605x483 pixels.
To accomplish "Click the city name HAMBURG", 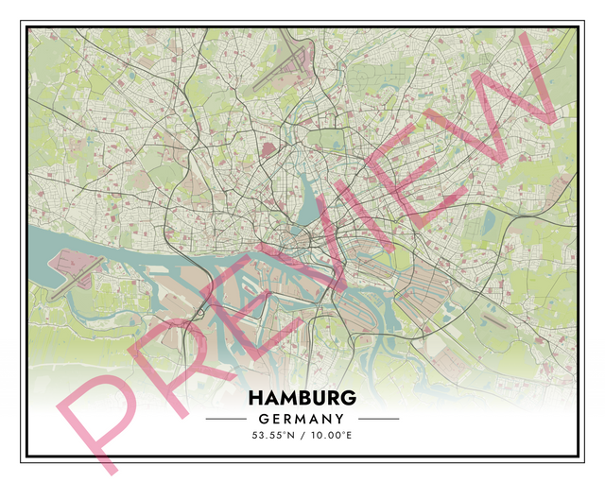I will click(302, 397).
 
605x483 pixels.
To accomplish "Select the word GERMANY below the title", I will click(302, 419).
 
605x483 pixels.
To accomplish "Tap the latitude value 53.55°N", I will click(274, 437).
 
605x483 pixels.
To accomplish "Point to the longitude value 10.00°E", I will click(331, 437).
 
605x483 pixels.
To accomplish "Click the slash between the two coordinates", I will click(302, 437).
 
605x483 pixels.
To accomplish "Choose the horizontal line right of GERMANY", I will click(379, 419).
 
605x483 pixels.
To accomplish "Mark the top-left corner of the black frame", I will click(22, 23).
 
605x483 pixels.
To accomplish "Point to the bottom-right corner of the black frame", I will click(582, 461).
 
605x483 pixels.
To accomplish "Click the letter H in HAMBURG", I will click(256, 397).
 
